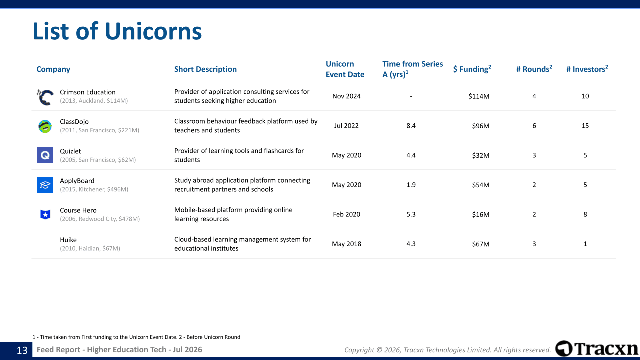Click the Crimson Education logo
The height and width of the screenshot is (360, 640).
(x=45, y=97)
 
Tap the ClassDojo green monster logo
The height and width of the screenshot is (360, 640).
(x=45, y=126)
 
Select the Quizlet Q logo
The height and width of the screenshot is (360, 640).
(x=45, y=155)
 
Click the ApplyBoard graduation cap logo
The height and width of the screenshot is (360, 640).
(x=45, y=185)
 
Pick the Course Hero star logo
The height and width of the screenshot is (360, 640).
(x=45, y=214)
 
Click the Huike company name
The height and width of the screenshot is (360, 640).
(x=68, y=240)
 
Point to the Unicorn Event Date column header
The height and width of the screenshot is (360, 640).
(x=345, y=69)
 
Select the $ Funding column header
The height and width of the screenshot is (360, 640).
(x=472, y=69)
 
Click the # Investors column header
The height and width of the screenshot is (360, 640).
(x=587, y=69)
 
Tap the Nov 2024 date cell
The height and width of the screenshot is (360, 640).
(x=346, y=96)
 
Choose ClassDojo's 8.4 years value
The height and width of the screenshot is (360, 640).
(x=411, y=126)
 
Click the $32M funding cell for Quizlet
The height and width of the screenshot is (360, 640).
(x=481, y=155)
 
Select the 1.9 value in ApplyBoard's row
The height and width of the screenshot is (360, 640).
(x=411, y=185)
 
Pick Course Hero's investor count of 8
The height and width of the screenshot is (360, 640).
(x=585, y=214)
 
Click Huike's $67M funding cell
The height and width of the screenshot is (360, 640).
(x=481, y=244)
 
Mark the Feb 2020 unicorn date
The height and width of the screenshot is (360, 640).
(x=346, y=214)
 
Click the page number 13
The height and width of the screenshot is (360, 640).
(x=22, y=350)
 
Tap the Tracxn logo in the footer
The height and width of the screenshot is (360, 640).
(x=597, y=348)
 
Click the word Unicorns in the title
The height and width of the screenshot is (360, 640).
(x=153, y=31)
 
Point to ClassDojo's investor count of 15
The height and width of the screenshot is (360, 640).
(x=585, y=126)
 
